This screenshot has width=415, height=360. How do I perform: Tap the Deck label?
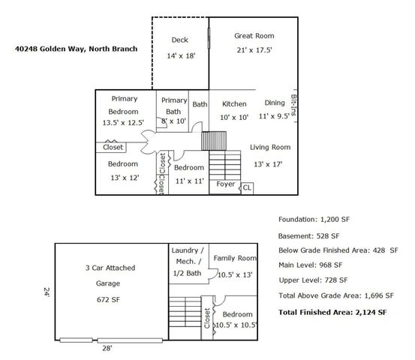coord(179,40)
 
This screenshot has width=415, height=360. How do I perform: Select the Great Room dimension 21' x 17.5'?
coord(254,51)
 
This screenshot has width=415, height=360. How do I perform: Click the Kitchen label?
coord(234,103)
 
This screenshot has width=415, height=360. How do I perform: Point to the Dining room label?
coord(274,103)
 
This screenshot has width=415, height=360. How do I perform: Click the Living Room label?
coord(269,147)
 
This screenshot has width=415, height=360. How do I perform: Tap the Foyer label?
coord(225,184)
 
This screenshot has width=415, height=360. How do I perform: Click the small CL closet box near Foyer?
coord(246,187)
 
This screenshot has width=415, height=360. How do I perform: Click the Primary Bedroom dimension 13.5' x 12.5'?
coord(123,124)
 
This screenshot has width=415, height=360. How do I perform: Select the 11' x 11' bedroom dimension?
coord(188,181)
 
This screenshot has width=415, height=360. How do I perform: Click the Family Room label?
coord(234,258)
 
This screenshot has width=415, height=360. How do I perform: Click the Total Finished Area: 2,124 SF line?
coord(332,311)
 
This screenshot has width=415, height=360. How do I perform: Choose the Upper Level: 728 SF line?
coord(310,280)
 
